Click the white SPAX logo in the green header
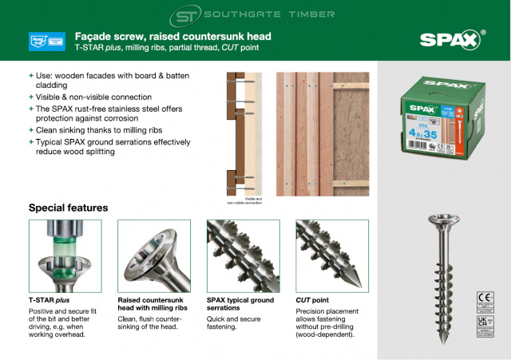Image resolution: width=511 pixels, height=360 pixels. click(450, 41)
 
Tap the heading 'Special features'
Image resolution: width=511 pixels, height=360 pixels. click(68, 208)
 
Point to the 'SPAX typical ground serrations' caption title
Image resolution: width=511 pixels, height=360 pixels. click(236, 305)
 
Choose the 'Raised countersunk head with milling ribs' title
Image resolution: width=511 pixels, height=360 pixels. click(153, 305)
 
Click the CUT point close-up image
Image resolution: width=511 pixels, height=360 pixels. click(328, 255)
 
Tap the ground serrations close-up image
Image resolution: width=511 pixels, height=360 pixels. click(239, 255)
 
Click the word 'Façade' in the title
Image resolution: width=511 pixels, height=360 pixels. click(93, 36)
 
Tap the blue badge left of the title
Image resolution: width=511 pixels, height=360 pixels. click(46, 41)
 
